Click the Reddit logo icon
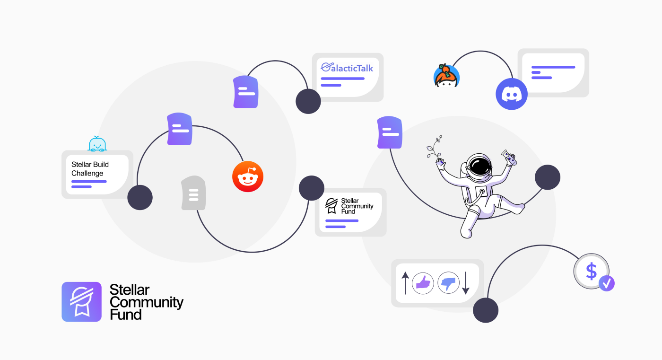(x=248, y=176)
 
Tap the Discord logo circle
(x=511, y=94)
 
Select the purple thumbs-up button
(x=423, y=283)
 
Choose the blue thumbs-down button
(x=449, y=283)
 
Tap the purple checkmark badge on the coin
(x=607, y=283)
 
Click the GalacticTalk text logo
(x=347, y=68)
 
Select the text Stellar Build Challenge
(x=90, y=169)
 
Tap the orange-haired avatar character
(x=446, y=76)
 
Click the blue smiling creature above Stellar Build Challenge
(x=97, y=145)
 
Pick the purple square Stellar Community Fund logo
(x=81, y=302)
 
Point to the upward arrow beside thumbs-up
(x=405, y=283)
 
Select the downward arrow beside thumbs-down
(x=465, y=283)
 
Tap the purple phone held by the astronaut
(x=510, y=158)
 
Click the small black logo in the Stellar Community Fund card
(x=331, y=206)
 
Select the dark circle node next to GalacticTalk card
(x=308, y=101)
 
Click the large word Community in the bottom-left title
(x=146, y=302)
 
